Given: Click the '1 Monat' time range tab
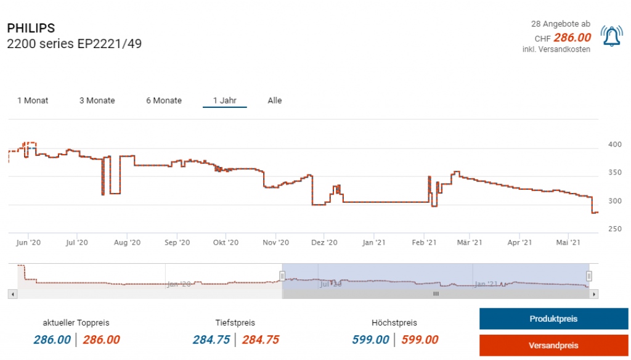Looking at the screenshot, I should [x=33, y=100].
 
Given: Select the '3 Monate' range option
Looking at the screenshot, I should [x=97, y=100].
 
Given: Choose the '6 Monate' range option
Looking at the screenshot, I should [x=164, y=100].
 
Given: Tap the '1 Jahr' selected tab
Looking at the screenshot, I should [x=225, y=100].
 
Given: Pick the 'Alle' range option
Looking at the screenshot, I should [x=275, y=100].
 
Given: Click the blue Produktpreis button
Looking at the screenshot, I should [x=553, y=319].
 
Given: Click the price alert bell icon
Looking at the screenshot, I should [x=611, y=37].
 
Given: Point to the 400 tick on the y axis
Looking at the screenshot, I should [x=615, y=145].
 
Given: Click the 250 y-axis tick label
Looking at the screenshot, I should [x=615, y=229].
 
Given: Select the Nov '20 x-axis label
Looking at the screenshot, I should [x=276, y=243].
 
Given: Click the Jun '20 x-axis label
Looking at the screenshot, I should [x=28, y=243].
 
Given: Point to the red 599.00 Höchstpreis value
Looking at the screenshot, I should [x=420, y=340].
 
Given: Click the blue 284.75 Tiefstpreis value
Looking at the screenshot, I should [x=211, y=340].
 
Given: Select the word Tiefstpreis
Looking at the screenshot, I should [x=235, y=322].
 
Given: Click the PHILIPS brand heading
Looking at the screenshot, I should [x=31, y=28].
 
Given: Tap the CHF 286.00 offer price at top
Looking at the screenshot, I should [x=570, y=38].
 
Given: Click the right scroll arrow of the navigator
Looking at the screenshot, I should [x=594, y=295].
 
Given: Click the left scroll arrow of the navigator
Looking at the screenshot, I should [x=11, y=295].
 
